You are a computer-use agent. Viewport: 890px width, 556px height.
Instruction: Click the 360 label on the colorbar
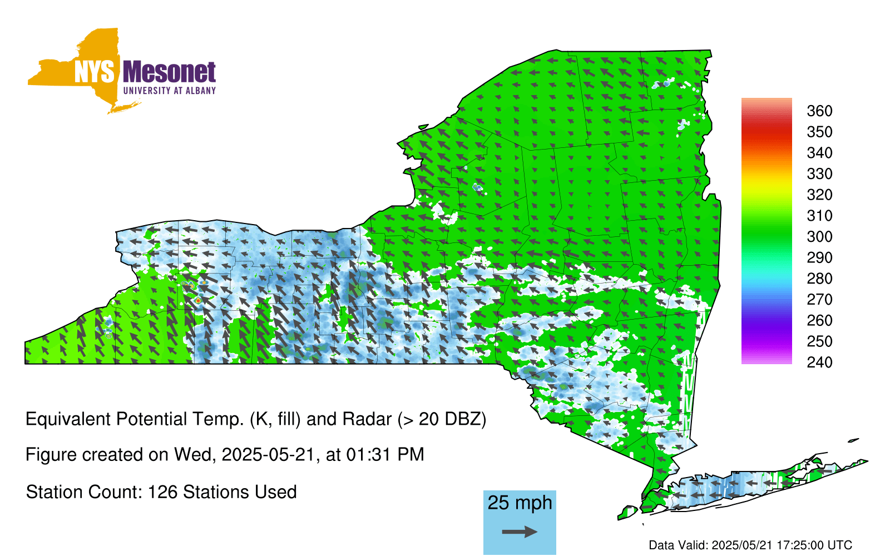819,111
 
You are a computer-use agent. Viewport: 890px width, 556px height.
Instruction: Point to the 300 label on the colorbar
819,237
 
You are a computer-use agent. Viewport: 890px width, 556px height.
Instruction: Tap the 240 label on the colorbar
819,362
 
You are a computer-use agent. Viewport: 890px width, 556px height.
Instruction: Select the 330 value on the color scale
819,174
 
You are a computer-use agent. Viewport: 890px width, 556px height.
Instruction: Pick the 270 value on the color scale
819,300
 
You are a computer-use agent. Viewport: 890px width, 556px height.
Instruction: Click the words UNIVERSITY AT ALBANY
169,91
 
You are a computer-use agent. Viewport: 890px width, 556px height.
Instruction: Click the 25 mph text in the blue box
520,503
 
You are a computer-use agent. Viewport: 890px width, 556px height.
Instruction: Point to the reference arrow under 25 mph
520,532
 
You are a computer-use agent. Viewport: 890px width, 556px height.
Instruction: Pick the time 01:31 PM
385,455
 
